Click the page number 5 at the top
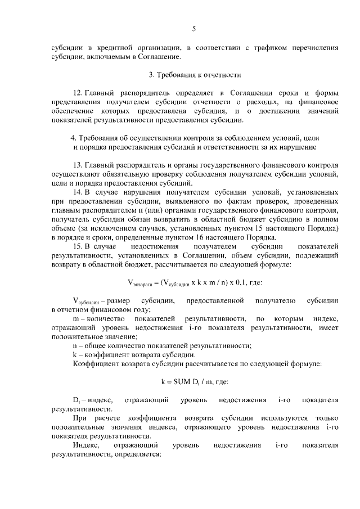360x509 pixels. [193, 29]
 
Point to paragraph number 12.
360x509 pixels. [79, 92]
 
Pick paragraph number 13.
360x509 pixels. [79, 165]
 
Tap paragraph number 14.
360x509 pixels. [79, 192]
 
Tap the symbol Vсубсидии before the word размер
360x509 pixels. [86, 301]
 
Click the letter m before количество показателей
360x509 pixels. [76, 318]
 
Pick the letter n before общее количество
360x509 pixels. [75, 345]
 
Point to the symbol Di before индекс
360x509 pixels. [76, 400]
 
